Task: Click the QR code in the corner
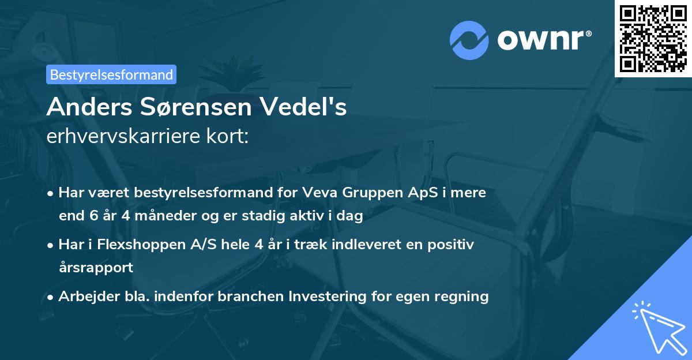coord(653,38)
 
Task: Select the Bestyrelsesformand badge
coord(111,74)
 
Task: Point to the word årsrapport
coord(96,268)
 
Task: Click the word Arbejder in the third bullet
coord(86,297)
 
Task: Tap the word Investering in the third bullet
coord(326,297)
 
